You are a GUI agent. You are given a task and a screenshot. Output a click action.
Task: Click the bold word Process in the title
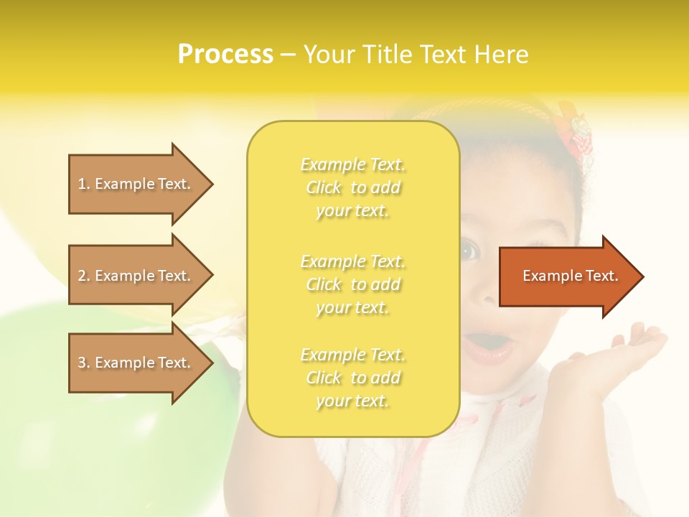[x=225, y=55]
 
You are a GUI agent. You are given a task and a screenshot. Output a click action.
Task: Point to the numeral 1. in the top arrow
[x=84, y=184]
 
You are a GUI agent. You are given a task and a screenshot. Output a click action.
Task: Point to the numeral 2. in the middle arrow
[x=84, y=276]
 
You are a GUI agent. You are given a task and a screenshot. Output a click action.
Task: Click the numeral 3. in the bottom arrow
[x=84, y=363]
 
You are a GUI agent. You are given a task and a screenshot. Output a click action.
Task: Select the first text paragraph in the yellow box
[x=352, y=187]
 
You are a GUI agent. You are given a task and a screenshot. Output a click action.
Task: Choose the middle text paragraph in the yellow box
[x=352, y=284]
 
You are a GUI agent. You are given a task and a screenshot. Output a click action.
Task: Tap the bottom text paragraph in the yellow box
[x=352, y=378]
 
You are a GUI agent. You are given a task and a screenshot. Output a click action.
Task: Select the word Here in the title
[x=502, y=55]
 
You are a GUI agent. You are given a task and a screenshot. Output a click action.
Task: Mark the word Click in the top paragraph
[x=324, y=187]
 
